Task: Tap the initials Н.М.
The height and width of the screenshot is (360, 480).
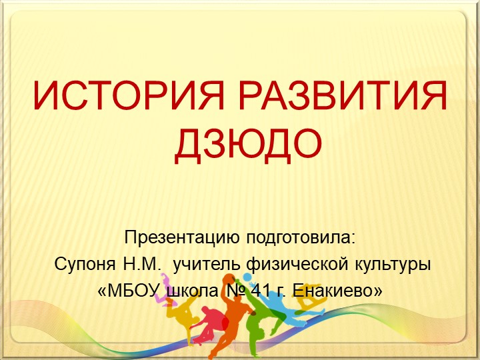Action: pos(143,264)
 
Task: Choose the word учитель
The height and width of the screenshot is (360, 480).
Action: pos(207,264)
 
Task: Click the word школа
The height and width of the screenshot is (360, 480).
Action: pos(192,291)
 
